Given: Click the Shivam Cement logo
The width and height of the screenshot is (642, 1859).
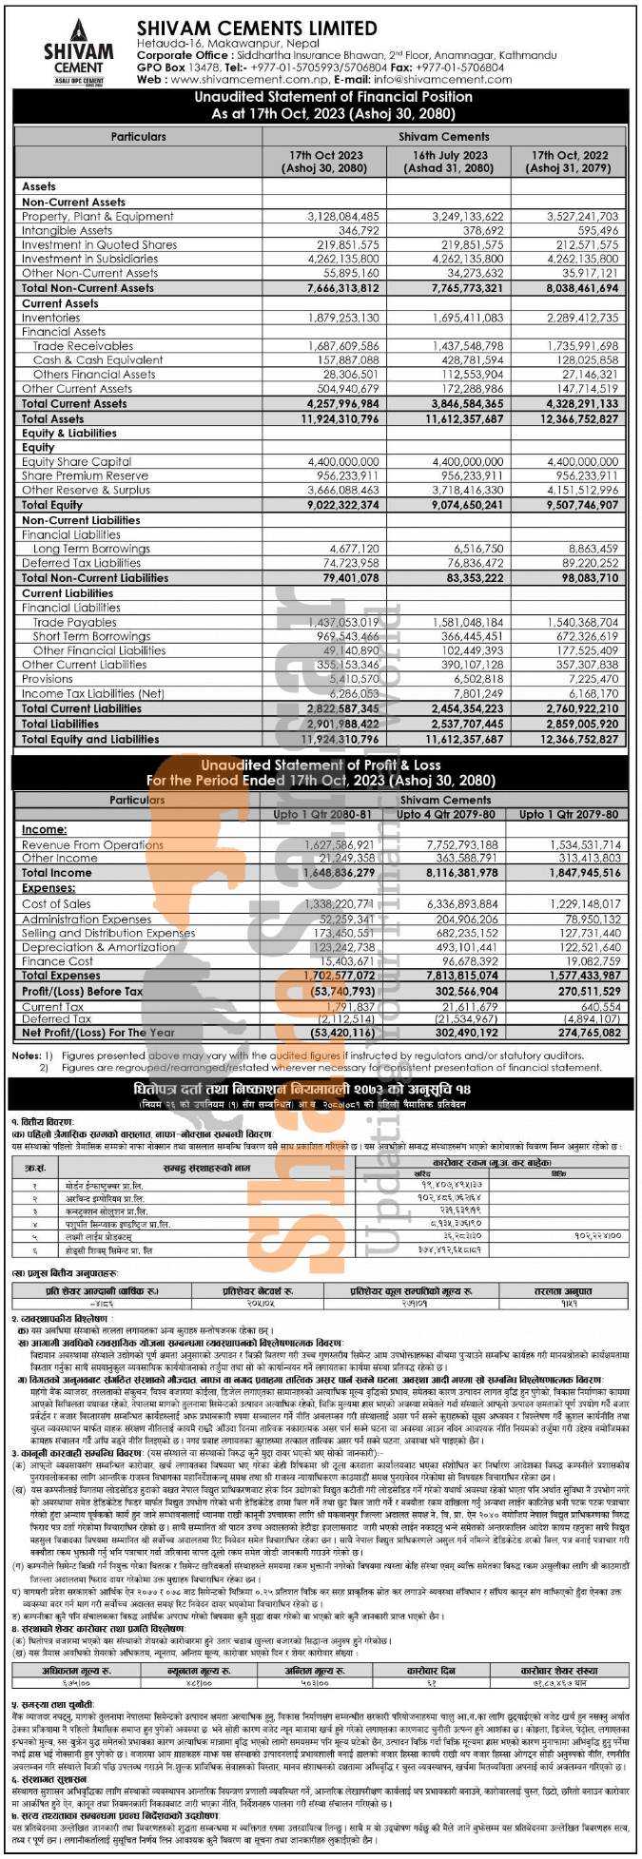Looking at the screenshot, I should pyautogui.click(x=78, y=50).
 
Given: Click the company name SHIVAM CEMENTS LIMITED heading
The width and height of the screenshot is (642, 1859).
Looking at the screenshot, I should pyautogui.click(x=256, y=29).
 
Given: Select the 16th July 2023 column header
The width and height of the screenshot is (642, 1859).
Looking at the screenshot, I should pyautogui.click(x=450, y=162).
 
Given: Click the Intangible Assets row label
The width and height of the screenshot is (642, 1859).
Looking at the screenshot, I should pyautogui.click(x=67, y=230).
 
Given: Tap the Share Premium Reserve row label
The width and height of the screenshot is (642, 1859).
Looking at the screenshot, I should pyautogui.click(x=85, y=475).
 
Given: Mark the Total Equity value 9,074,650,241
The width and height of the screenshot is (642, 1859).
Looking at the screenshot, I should pyautogui.click(x=458, y=505).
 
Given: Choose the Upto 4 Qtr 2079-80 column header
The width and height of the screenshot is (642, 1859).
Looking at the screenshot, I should pyautogui.click(x=445, y=814).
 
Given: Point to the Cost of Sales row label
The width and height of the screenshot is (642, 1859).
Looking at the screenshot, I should pyautogui.click(x=56, y=903).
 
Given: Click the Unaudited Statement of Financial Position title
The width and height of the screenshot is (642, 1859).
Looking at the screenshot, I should pyautogui.click(x=321, y=105).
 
